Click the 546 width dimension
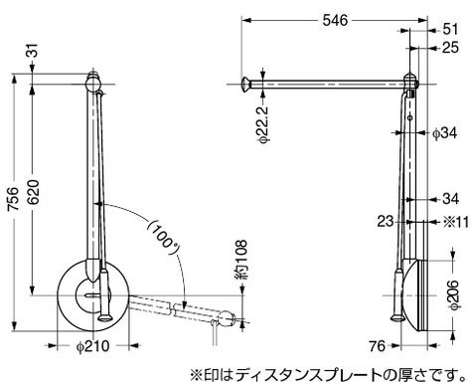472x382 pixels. (335, 21)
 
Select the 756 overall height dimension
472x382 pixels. (14, 199)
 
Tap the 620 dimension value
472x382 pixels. (34, 192)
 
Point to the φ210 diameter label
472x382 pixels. (92, 346)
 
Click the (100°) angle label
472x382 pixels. (163, 239)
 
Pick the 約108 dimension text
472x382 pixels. (242, 260)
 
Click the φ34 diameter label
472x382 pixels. (445, 133)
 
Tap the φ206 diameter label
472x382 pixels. (453, 295)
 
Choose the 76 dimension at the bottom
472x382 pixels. (378, 346)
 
